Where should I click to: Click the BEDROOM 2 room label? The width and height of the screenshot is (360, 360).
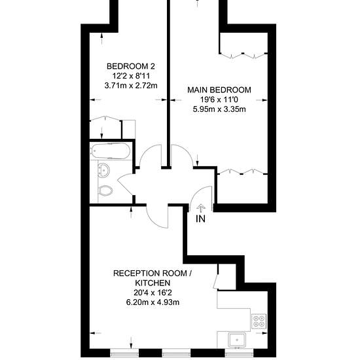point(131,66)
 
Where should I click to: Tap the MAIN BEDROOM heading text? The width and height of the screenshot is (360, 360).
point(219,90)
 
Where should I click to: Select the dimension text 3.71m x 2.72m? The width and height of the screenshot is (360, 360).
point(131,86)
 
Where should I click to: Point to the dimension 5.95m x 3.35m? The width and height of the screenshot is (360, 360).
point(219,109)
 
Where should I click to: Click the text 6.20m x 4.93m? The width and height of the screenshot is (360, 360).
point(153,302)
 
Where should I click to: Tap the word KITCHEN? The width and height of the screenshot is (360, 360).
point(153,283)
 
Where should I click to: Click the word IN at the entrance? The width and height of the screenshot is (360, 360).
point(201,219)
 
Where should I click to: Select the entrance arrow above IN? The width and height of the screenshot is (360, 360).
point(201,208)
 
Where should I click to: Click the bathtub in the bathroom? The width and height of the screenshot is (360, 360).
point(111,151)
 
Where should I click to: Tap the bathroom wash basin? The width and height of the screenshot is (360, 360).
point(104,170)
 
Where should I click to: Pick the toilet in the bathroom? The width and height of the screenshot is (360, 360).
point(105,190)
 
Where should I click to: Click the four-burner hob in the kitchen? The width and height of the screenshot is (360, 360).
point(259,321)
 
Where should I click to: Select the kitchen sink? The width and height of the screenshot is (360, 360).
point(237,340)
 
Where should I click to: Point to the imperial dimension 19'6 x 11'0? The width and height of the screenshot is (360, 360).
point(219,99)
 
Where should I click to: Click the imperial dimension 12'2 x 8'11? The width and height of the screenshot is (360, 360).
point(131,76)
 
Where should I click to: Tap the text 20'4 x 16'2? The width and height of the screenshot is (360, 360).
point(153,293)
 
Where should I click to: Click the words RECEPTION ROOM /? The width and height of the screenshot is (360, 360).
point(153,273)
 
